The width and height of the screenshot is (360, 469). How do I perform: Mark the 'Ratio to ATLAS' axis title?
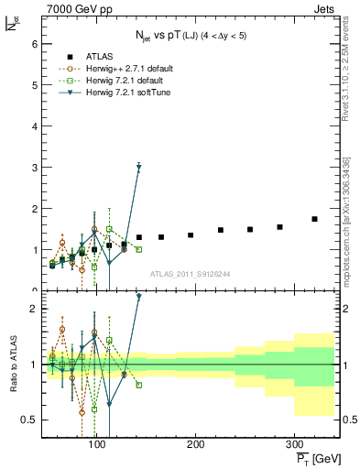[13, 364]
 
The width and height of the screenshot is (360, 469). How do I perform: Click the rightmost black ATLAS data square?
[314, 219]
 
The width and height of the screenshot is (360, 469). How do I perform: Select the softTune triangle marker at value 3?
[138, 167]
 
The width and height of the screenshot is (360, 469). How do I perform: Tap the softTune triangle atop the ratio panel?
[138, 297]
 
